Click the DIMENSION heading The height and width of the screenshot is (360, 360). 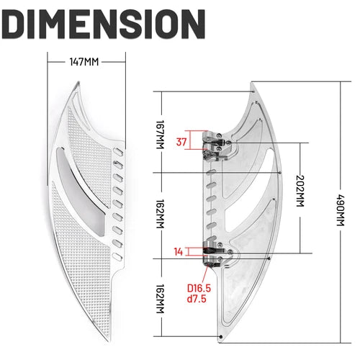click(103, 24)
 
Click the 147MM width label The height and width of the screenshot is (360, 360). click(84, 62)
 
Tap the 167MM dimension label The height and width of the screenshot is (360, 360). click(160, 135)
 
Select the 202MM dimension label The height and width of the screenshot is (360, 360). click(300, 191)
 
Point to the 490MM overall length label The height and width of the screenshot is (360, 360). click(341, 210)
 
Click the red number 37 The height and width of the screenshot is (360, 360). click(181, 142)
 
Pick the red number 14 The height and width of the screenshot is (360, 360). click(179, 252)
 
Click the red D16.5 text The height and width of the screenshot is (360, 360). click(199, 288)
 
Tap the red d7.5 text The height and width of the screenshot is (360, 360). click(197, 299)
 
